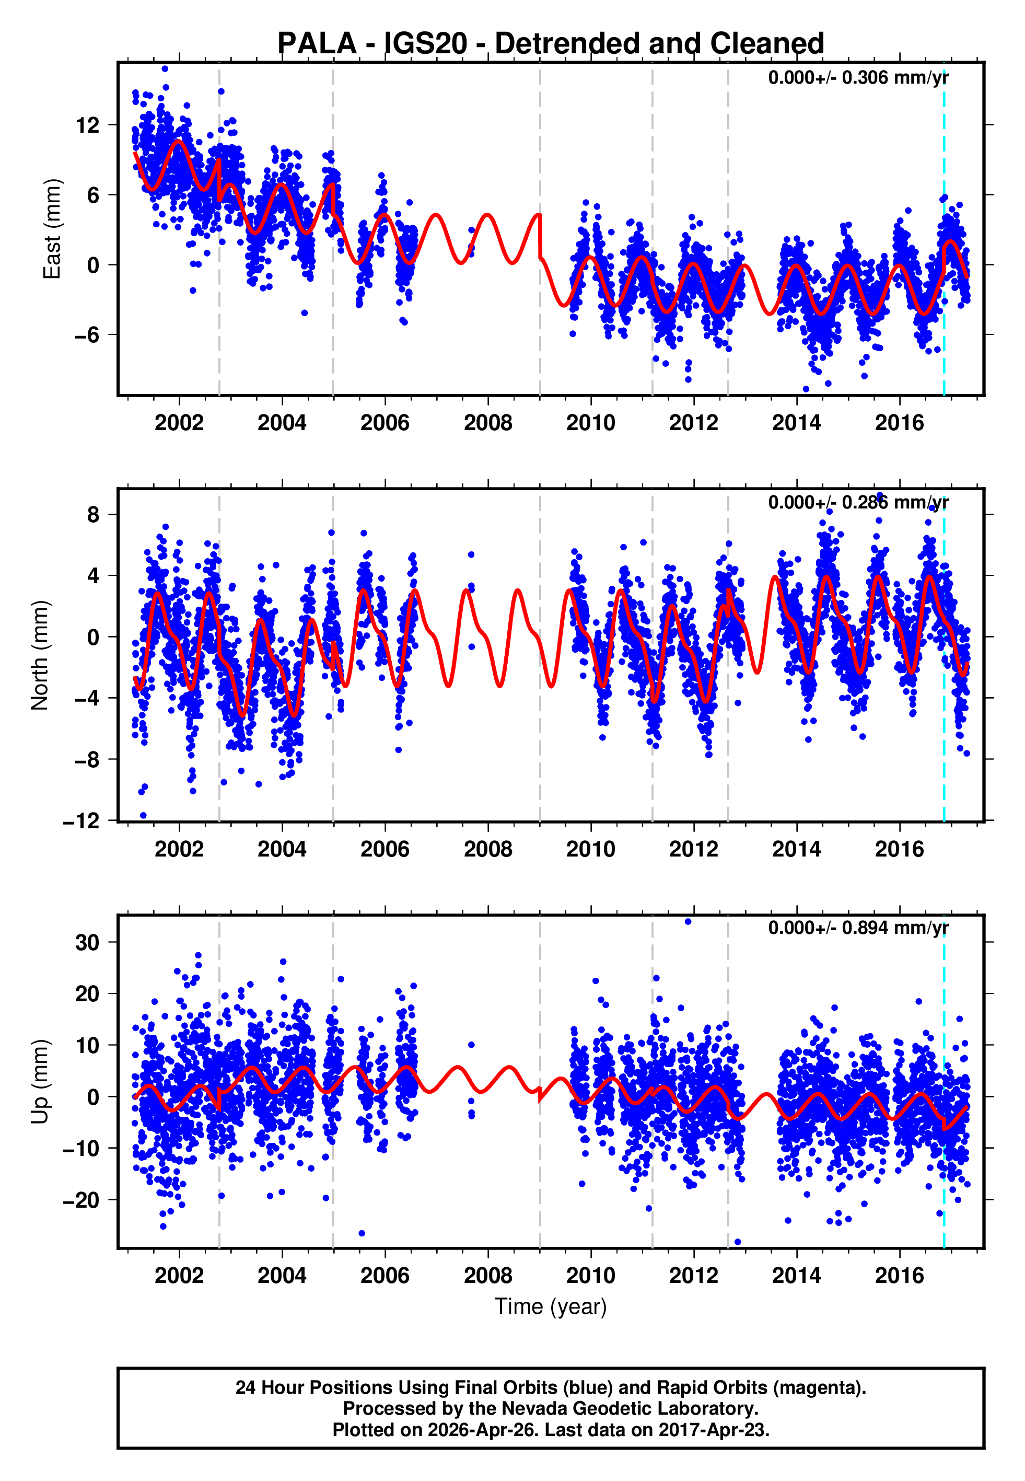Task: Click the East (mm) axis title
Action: [x=51, y=229]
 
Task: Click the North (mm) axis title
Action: [x=39, y=655]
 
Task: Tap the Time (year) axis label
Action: [x=551, y=1305]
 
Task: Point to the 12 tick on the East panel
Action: [x=87, y=124]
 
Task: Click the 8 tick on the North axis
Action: [x=94, y=514]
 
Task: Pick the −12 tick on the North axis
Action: [x=81, y=821]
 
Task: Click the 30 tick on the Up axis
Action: [x=87, y=942]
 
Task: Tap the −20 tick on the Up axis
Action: [x=81, y=1200]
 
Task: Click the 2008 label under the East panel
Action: [x=488, y=423]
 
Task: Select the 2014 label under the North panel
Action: [x=796, y=849]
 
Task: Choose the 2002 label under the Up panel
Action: [x=179, y=1275]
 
